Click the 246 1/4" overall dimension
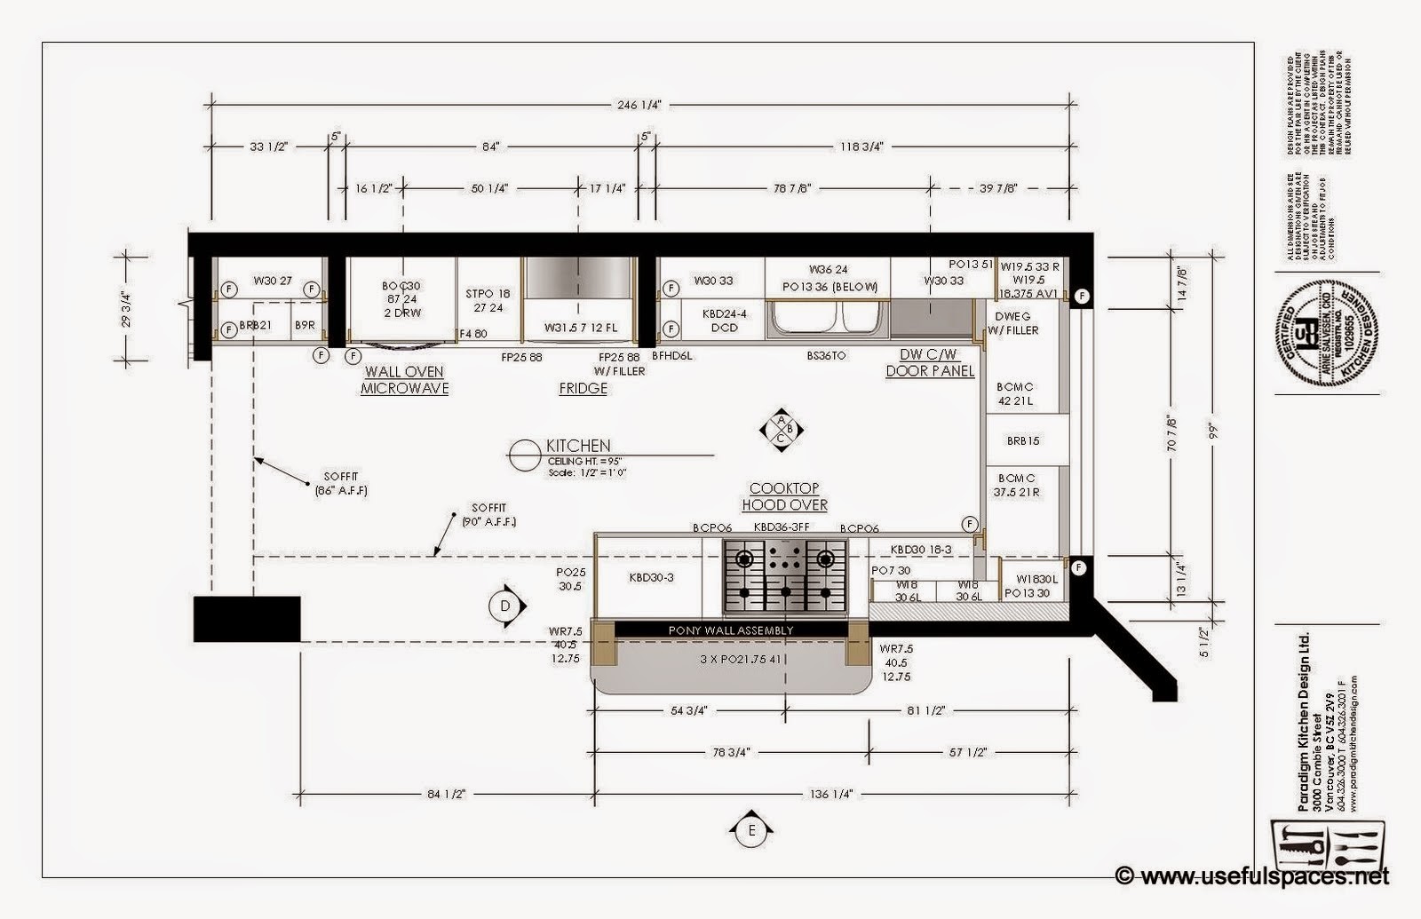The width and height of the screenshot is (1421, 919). point(639,105)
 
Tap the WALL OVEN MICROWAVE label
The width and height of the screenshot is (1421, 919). point(404,380)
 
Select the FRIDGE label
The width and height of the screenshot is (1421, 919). point(583,388)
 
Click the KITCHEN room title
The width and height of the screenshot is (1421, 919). point(578,446)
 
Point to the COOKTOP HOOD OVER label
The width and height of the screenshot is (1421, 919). point(785,497)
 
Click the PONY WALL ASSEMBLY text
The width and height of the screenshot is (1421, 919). point(730,630)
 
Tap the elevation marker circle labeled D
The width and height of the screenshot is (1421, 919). point(504,606)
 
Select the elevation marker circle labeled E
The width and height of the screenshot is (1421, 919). point(751,831)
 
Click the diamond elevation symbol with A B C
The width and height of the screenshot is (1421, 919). point(781,429)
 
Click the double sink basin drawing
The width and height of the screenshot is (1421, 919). point(827,318)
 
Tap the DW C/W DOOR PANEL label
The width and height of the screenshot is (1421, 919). point(930,363)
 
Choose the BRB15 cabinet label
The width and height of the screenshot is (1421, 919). point(1023,440)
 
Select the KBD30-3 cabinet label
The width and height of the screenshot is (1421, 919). point(651,578)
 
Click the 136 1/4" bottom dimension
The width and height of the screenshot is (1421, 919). point(833,794)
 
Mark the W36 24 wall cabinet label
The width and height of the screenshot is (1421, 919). point(828,269)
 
